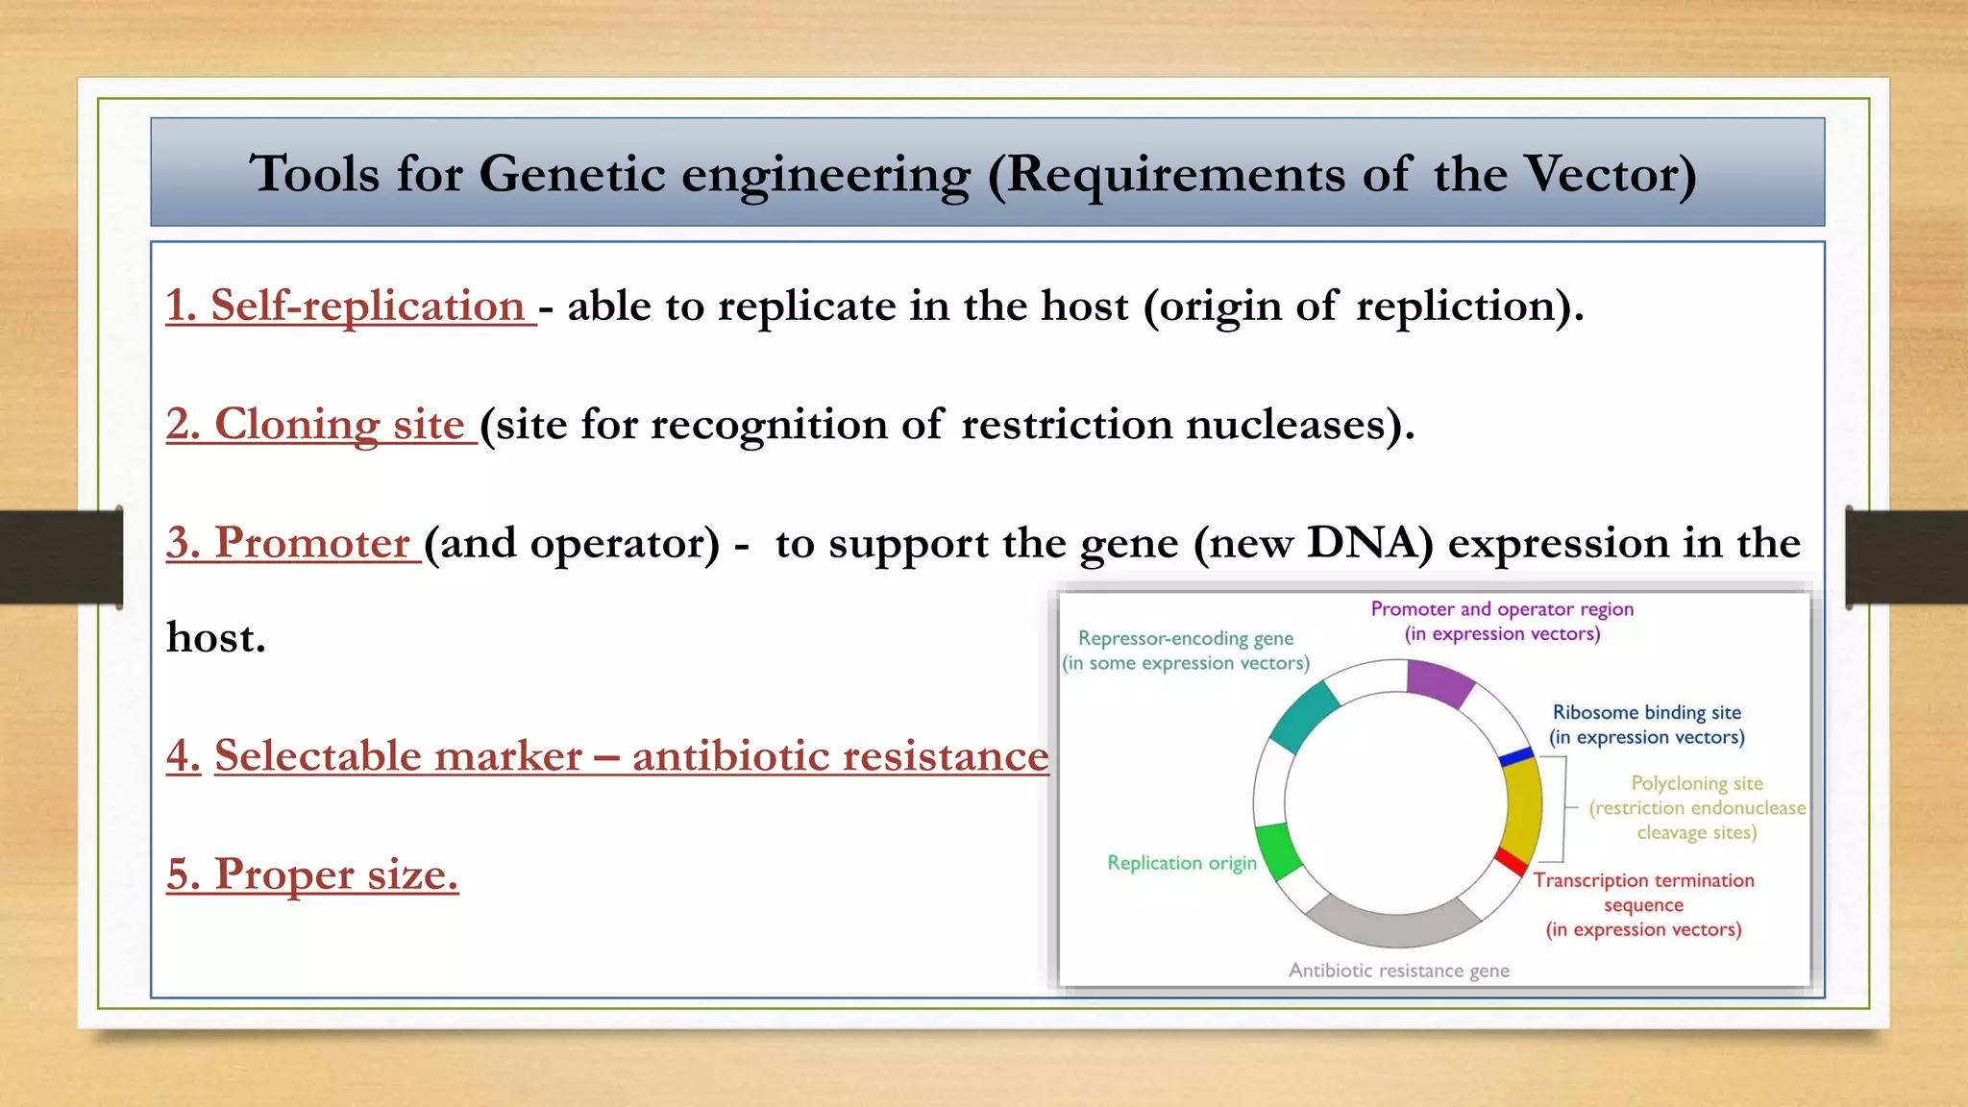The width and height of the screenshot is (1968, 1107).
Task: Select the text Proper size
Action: [313, 874]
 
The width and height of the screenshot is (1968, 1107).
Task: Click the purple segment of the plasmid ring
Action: [1439, 680]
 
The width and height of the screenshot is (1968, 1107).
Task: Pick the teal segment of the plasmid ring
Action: [1304, 715]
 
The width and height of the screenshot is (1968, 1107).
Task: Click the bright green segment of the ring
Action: [1278, 850]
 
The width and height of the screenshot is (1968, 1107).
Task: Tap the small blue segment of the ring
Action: [1516, 757]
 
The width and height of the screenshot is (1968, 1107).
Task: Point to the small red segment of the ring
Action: [1512, 861]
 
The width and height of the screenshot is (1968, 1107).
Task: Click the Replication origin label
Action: [1181, 863]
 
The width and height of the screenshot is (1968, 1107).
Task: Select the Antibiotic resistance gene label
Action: [1398, 971]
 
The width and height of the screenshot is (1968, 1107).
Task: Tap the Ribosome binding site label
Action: [1646, 712]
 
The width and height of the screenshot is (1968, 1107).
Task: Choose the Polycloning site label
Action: [1696, 783]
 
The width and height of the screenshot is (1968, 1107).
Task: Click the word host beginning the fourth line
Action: [215, 638]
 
